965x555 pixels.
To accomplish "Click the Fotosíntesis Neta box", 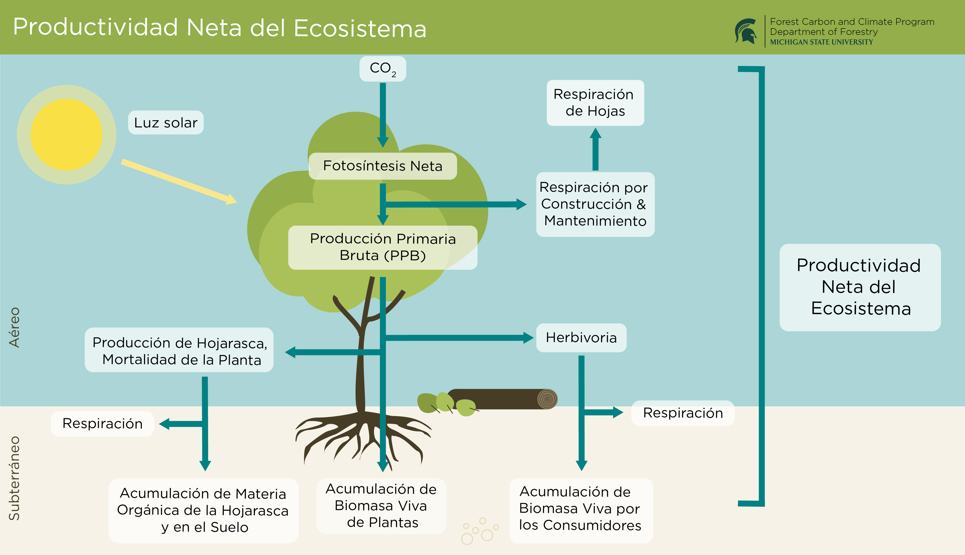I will click(x=383, y=166).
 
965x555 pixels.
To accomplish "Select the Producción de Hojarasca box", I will click(x=179, y=350).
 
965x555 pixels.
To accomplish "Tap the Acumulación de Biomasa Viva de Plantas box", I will click(x=381, y=506).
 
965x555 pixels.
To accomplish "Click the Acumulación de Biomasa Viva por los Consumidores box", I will click(x=581, y=509).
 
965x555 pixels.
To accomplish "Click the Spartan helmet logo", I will click(x=746, y=31).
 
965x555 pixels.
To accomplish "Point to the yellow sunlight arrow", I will click(x=179, y=182).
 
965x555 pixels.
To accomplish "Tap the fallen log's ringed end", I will click(x=547, y=399).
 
